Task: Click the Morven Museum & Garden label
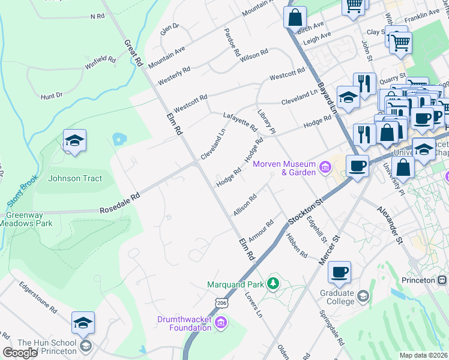point(284,168)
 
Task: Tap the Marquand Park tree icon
point(274,282)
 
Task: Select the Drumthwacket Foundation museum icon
point(221,324)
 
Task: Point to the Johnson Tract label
point(75,178)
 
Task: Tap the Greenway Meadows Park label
point(29,219)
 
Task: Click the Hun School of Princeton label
point(47,347)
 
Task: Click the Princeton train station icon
point(442,280)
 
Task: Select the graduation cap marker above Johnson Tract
point(74,142)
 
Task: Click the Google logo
point(20,352)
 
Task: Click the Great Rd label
point(133,53)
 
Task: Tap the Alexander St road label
point(389,225)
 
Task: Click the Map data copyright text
point(423,355)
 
